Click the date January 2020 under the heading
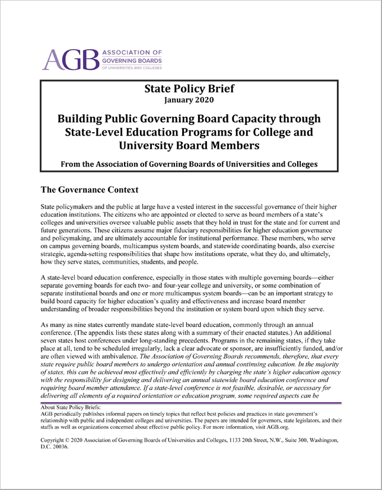pos(189,101)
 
